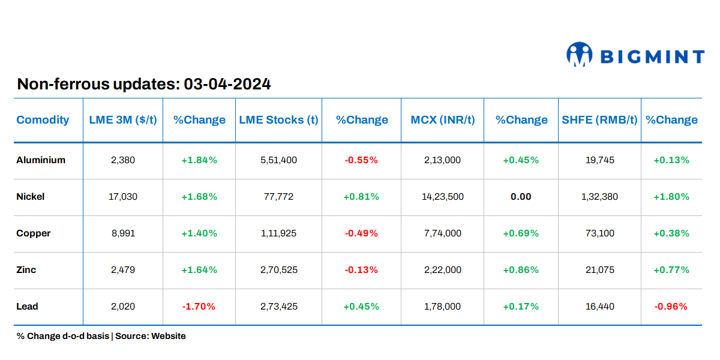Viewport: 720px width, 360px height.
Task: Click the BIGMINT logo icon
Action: pyautogui.click(x=579, y=55)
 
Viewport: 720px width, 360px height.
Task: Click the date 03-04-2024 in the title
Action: pyautogui.click(x=227, y=84)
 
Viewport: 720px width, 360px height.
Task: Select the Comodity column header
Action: pyautogui.click(x=43, y=120)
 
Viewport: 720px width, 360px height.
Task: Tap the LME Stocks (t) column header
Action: pyautogui.click(x=278, y=120)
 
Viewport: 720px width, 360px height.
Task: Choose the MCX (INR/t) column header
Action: pyautogui.click(x=443, y=120)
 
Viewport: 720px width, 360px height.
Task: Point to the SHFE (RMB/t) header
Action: pyautogui.click(x=599, y=120)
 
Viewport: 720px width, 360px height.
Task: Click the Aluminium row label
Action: pyautogui.click(x=41, y=160)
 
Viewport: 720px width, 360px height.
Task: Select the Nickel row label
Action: pyautogui.click(x=31, y=197)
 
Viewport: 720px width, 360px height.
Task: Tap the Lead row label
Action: pyautogui.click(x=27, y=307)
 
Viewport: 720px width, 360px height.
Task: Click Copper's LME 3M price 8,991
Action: pyautogui.click(x=123, y=233)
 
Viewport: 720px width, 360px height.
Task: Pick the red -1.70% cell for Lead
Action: pyautogui.click(x=199, y=307)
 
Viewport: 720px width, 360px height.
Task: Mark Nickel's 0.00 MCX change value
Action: pyautogui.click(x=521, y=197)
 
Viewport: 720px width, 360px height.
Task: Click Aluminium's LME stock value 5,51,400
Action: pyautogui.click(x=278, y=160)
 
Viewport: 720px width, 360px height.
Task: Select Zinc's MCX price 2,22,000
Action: pyautogui.click(x=443, y=270)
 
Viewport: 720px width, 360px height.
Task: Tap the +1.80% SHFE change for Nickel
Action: pyautogui.click(x=671, y=197)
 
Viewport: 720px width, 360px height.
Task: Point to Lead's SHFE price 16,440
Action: pyautogui.click(x=599, y=307)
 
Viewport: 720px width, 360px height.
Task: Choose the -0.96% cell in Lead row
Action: pyautogui.click(x=671, y=307)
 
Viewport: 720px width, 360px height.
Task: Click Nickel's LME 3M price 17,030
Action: pyautogui.click(x=123, y=197)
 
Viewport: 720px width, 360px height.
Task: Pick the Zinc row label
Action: pyautogui.click(x=26, y=270)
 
